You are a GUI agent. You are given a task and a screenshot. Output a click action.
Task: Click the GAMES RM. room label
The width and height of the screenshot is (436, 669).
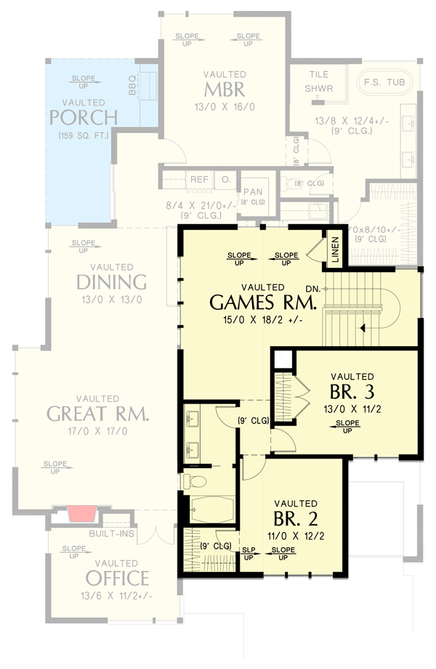[262, 301]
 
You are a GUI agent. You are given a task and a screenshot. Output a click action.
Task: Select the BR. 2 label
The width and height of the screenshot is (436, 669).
[295, 519]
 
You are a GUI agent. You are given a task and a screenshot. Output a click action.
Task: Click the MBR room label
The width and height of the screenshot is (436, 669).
[224, 90]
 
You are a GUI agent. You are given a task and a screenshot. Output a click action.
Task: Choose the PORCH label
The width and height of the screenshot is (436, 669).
[84, 117]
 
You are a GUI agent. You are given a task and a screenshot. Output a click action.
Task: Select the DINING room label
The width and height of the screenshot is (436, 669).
[111, 282]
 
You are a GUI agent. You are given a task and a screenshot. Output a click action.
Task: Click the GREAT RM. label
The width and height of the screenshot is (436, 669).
[97, 414]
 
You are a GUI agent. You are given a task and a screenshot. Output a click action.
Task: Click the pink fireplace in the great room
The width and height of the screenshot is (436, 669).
[82, 514]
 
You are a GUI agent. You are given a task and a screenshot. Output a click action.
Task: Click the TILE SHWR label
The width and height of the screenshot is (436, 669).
[318, 81]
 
